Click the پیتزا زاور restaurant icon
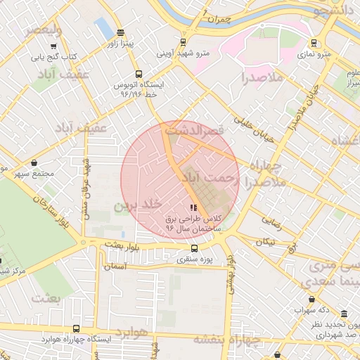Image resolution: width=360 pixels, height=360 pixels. click(x=121, y=32)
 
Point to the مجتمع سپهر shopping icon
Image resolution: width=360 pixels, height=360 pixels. click(x=34, y=162)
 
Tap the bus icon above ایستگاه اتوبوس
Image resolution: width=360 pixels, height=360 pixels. click(x=138, y=73)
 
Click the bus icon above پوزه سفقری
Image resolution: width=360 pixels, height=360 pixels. click(x=195, y=247)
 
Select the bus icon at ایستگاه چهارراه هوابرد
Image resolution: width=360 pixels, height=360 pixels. click(x=76, y=328)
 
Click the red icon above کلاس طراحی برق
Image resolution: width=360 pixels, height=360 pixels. click(x=193, y=207)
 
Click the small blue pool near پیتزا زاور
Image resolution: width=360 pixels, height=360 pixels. click(x=104, y=28)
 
